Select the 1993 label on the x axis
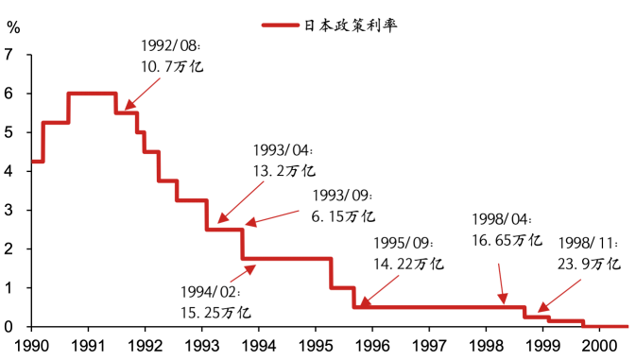click(x=201, y=346)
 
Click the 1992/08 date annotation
click(x=170, y=45)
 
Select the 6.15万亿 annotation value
click(x=342, y=216)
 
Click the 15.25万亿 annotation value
click(x=216, y=311)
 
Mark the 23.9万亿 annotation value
click(x=588, y=264)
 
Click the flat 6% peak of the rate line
click(x=92, y=93)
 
